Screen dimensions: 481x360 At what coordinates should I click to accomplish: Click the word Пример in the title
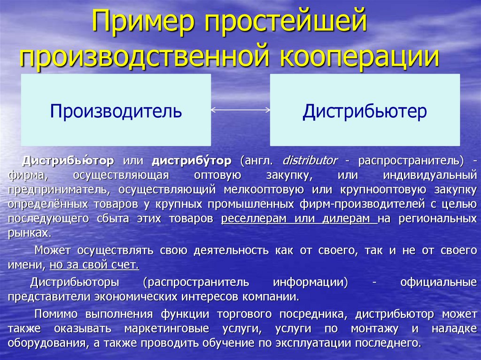click(143, 21)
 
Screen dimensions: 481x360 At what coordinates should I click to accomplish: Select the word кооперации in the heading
click(359, 56)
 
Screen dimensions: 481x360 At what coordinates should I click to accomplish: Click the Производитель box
click(116, 110)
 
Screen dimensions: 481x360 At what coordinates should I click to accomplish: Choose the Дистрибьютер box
click(365, 110)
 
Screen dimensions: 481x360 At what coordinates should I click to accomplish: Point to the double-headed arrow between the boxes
click(240, 110)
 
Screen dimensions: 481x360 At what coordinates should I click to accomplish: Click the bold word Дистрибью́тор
click(68, 160)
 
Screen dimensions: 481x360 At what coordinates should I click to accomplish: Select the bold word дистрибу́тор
click(192, 160)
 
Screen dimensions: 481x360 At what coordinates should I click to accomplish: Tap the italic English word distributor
click(310, 160)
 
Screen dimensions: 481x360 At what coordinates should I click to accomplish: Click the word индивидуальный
click(430, 175)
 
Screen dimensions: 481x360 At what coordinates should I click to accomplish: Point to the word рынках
click(30, 233)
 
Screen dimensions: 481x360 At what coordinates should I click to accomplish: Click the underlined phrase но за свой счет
click(94, 265)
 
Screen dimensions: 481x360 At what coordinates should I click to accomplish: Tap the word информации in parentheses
click(310, 282)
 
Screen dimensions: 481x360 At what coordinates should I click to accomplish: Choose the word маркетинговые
click(167, 329)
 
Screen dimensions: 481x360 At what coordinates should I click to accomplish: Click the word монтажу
click(374, 329)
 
